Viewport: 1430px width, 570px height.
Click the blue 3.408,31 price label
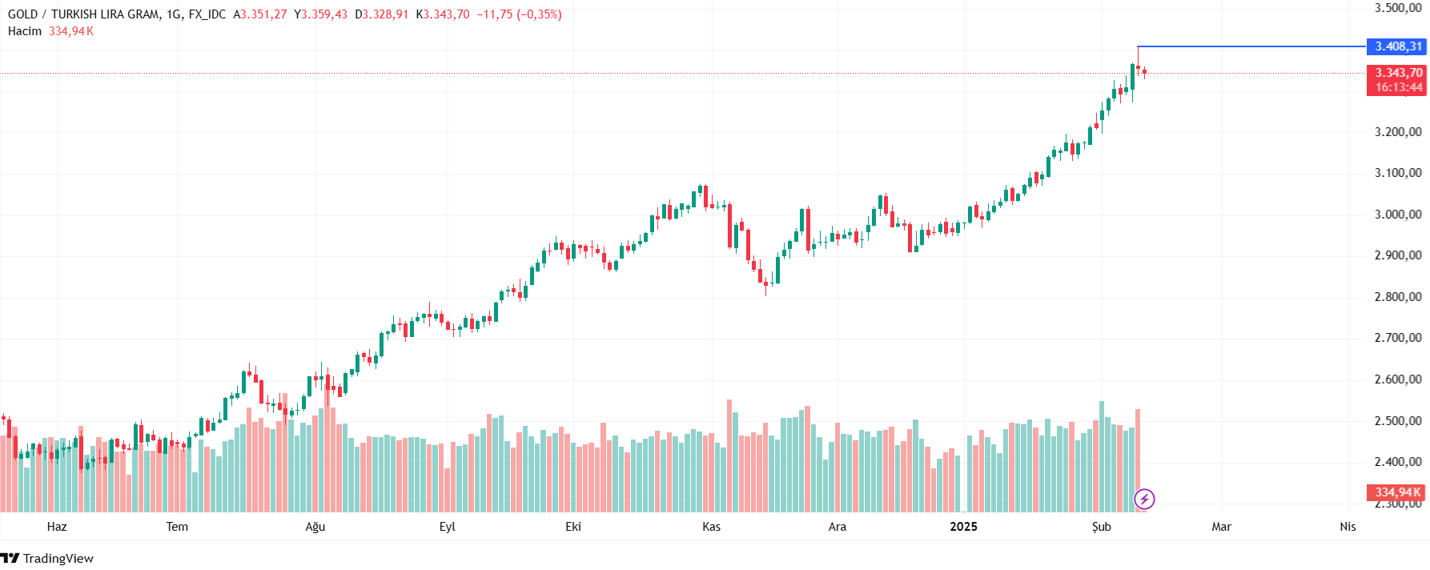pyautogui.click(x=1397, y=46)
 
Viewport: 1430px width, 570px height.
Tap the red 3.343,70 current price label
pyautogui.click(x=1397, y=73)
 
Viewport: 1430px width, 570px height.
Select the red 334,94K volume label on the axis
pyautogui.click(x=1397, y=492)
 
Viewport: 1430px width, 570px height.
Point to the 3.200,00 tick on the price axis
pyautogui.click(x=1397, y=132)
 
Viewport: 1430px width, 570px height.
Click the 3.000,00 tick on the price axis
pyautogui.click(x=1397, y=215)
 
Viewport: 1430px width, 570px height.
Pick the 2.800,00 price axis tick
pyautogui.click(x=1397, y=297)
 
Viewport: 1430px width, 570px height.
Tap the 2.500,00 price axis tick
pyautogui.click(x=1397, y=421)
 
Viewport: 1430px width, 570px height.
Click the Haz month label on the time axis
pyautogui.click(x=57, y=527)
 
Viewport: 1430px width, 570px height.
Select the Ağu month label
pyautogui.click(x=315, y=527)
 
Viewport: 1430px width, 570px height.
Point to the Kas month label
pyautogui.click(x=711, y=527)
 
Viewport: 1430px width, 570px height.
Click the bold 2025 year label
pyautogui.click(x=963, y=527)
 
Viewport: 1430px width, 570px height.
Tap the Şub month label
pyautogui.click(x=1102, y=527)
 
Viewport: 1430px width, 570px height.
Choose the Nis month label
pyautogui.click(x=1348, y=527)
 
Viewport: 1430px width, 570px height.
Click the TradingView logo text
pyautogui.click(x=58, y=559)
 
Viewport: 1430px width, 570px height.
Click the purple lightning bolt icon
pyautogui.click(x=1144, y=500)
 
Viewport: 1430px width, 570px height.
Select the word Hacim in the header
pyautogui.click(x=25, y=31)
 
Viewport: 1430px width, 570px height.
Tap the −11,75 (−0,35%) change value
pyautogui.click(x=519, y=14)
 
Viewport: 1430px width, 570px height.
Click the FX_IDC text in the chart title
pyautogui.click(x=207, y=14)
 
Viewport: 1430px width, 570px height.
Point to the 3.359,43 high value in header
pyautogui.click(x=323, y=14)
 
